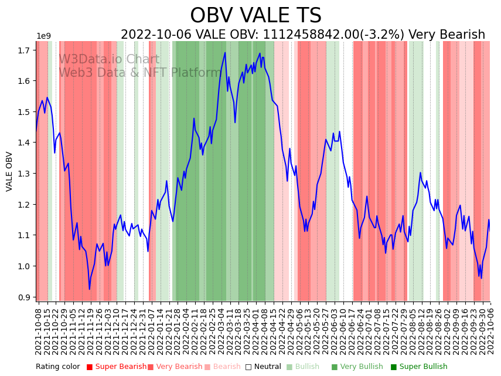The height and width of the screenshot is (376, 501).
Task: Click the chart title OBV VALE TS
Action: click(x=255, y=16)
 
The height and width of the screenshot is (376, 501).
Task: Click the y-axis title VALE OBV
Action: click(x=9, y=171)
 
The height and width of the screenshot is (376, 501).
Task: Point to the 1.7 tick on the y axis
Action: click(x=25, y=50)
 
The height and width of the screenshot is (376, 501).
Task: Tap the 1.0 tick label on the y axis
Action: click(x=25, y=266)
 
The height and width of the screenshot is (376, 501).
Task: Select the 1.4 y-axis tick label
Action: click(x=25, y=143)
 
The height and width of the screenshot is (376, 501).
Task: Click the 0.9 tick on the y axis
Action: click(x=25, y=297)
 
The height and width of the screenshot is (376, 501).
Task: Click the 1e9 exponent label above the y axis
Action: click(x=43, y=36)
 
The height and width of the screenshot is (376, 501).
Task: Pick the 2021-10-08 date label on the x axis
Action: click(x=39, y=331)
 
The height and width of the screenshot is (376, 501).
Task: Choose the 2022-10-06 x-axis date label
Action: click(x=490, y=331)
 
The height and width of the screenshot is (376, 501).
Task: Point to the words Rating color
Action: click(x=57, y=367)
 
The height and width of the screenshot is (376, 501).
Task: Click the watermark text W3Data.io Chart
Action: click(x=108, y=60)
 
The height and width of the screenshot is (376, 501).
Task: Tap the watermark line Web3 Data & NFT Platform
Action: click(x=139, y=73)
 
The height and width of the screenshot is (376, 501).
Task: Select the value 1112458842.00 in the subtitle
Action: click(x=308, y=35)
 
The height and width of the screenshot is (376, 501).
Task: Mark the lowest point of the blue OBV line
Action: click(x=90, y=289)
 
